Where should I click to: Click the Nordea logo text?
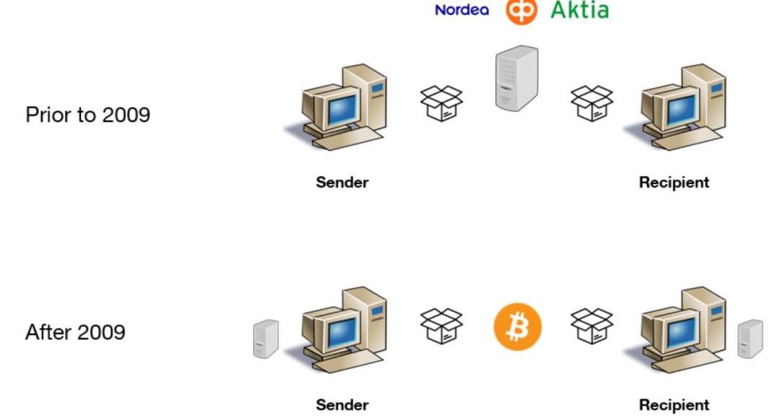coord(461,10)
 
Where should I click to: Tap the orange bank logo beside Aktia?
coord(521,10)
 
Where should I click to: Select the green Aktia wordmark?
coord(579,10)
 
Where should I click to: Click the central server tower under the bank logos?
coord(517,78)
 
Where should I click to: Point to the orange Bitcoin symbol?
coord(517,326)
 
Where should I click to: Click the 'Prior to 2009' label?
coord(87,114)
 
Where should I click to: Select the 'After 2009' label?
coord(75,332)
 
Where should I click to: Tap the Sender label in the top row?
coord(342,183)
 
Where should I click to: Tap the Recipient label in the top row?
coord(674,183)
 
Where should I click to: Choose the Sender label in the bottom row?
coord(342,405)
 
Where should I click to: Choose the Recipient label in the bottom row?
coord(674,405)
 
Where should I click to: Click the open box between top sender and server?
coord(441,103)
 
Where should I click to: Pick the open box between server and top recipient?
coord(591,103)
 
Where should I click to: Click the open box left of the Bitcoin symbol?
coord(441,326)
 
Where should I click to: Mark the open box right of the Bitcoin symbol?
coord(591,326)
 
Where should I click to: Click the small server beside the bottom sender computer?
coord(266,339)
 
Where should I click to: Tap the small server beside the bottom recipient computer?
coord(750,339)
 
